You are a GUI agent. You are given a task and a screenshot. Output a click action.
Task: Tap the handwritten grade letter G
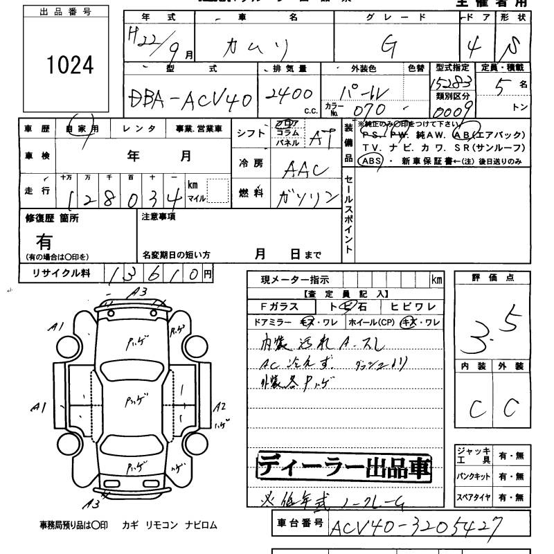[x=389, y=46]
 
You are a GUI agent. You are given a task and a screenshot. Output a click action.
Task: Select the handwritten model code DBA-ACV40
[x=191, y=101]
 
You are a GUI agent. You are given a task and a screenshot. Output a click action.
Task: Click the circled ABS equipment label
[x=370, y=161]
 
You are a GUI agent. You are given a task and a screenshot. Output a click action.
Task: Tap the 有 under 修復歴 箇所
[x=45, y=242]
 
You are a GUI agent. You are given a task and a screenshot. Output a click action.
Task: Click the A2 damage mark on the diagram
[x=220, y=407]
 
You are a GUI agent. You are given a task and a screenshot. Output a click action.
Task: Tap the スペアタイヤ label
[x=473, y=497]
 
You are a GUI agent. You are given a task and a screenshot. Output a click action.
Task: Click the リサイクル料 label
[x=62, y=274]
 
